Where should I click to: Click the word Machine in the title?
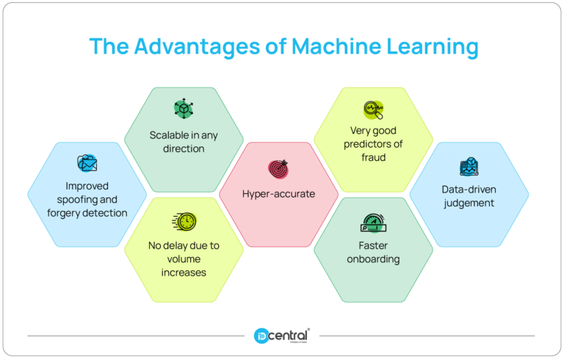[336, 46]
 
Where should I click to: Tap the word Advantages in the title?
[197, 47]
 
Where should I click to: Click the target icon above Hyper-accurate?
[278, 169]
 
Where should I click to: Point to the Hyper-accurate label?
[278, 194]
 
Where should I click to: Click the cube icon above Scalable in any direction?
[184, 108]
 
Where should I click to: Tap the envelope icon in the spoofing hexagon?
[87, 163]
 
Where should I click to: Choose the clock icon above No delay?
[184, 221]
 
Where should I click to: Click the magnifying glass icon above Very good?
[373, 109]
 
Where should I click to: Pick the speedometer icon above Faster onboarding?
[373, 223]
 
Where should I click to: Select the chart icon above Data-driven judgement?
[469, 166]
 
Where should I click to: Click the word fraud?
[373, 157]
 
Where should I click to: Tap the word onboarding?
[373, 259]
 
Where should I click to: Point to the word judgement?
[469, 204]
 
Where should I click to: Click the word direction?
[184, 148]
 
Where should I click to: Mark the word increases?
[184, 273]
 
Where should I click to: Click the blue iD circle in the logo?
[261, 336]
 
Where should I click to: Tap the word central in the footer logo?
[289, 336]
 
